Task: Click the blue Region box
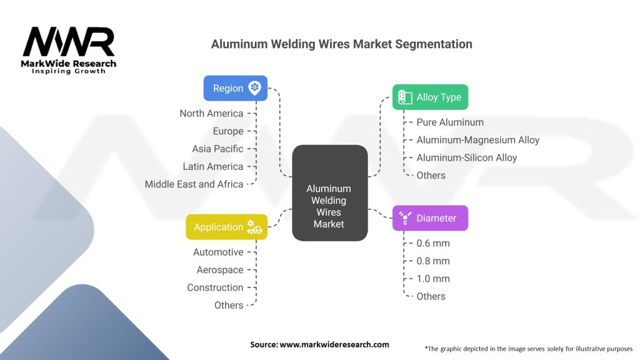pyautogui.click(x=236, y=88)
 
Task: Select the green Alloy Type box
pyautogui.click(x=430, y=97)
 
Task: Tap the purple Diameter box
pyautogui.click(x=430, y=218)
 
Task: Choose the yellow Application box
pyautogui.click(x=226, y=227)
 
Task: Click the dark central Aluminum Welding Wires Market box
pyautogui.click(x=330, y=192)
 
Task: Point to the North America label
pyautogui.click(x=211, y=114)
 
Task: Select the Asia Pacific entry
pyautogui.click(x=217, y=149)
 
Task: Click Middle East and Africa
pyautogui.click(x=194, y=184)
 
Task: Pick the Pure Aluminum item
pyautogui.click(x=450, y=122)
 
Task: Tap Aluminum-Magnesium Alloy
pyautogui.click(x=478, y=140)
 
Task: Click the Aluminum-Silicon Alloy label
pyautogui.click(x=466, y=158)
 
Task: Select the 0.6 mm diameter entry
pyautogui.click(x=433, y=244)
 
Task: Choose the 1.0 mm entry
pyautogui.click(x=433, y=279)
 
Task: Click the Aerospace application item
pyautogui.click(x=220, y=270)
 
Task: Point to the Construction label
pyautogui.click(x=215, y=287)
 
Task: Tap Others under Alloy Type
pyautogui.click(x=431, y=176)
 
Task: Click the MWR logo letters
pyautogui.click(x=69, y=42)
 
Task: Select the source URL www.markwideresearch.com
pyautogui.click(x=334, y=344)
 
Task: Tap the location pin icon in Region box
pyautogui.click(x=255, y=87)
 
